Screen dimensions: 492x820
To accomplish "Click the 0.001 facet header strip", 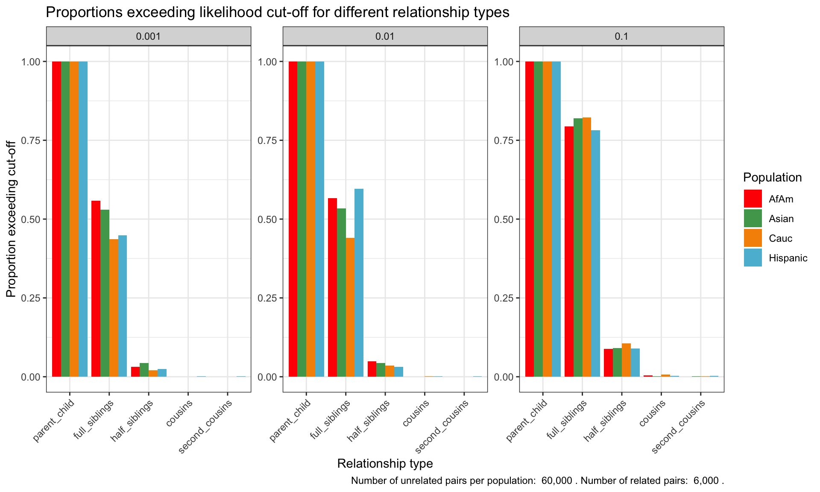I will click(x=148, y=36).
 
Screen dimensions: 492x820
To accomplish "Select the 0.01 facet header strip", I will click(x=385, y=36).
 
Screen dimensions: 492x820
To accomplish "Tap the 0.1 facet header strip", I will click(x=621, y=36).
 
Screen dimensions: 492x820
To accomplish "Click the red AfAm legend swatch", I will click(x=753, y=199).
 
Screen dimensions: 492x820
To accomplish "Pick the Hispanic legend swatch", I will click(x=753, y=258).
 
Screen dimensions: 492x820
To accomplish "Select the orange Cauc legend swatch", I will click(x=753, y=238).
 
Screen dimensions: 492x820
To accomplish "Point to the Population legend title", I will click(x=772, y=177).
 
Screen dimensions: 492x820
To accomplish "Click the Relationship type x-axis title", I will click(x=385, y=463).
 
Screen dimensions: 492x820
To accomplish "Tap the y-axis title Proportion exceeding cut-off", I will click(x=11, y=219).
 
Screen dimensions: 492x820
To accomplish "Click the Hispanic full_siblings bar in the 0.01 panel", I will click(x=359, y=283).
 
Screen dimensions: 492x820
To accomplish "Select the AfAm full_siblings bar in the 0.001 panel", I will click(x=96, y=289).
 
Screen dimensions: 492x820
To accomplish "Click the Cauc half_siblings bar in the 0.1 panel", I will click(x=626, y=360).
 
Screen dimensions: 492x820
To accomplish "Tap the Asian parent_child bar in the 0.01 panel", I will click(x=302, y=219).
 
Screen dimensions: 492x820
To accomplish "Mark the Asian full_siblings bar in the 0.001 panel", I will click(x=105, y=293).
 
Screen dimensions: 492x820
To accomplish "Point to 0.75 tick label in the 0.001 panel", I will click(x=31, y=141).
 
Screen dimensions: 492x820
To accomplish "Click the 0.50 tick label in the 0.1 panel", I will click(x=504, y=219).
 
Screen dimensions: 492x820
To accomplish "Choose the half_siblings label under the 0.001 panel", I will click(x=132, y=421).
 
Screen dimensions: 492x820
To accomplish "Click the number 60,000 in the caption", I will click(x=556, y=481).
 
